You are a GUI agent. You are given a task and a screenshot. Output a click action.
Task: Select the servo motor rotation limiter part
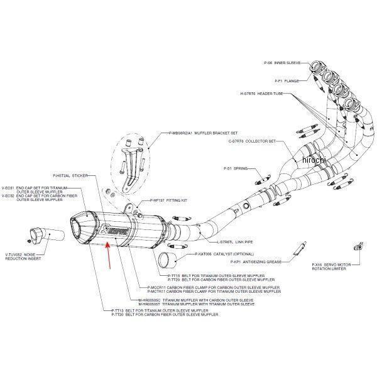click(x=358, y=245)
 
